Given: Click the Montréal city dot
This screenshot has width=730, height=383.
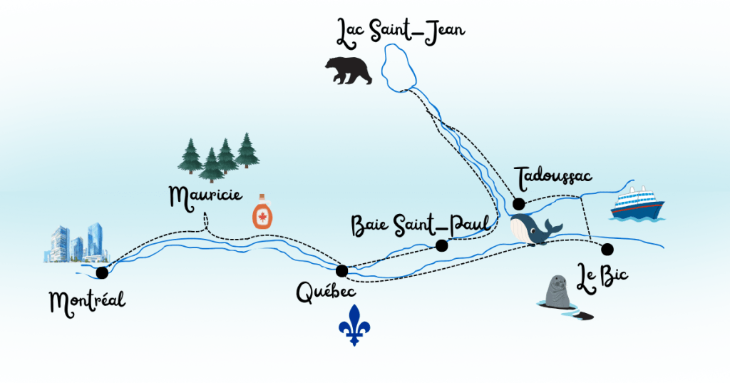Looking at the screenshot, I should tap(102, 272).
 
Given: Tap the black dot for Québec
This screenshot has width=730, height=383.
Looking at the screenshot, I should tap(341, 270).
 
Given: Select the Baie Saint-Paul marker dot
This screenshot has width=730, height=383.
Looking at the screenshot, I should tap(441, 245).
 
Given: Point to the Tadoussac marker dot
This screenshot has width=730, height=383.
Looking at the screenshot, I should tap(518, 204).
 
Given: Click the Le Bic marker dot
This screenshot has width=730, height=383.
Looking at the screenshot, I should tap(607, 249).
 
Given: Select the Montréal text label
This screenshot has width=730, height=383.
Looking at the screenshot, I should tap(87, 302).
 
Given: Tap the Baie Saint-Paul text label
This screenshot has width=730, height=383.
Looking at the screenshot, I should tap(421, 224).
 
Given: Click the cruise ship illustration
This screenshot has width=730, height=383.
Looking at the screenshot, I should tap(638, 204).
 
